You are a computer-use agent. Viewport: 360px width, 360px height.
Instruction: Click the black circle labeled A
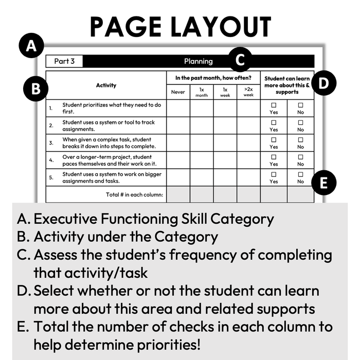click(x=32, y=47)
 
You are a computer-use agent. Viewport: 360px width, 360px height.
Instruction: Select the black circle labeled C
click(x=240, y=60)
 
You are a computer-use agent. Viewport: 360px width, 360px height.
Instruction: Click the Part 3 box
click(x=64, y=61)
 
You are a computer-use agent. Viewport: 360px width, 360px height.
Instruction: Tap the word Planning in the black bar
click(x=198, y=61)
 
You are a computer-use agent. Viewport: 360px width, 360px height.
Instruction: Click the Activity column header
click(x=106, y=85)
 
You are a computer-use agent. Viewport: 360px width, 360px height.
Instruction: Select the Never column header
click(x=178, y=92)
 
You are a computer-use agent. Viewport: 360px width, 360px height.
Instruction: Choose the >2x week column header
click(x=248, y=92)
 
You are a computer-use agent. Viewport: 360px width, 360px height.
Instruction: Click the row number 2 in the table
click(x=51, y=125)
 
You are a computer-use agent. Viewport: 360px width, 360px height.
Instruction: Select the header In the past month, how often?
click(x=213, y=78)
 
